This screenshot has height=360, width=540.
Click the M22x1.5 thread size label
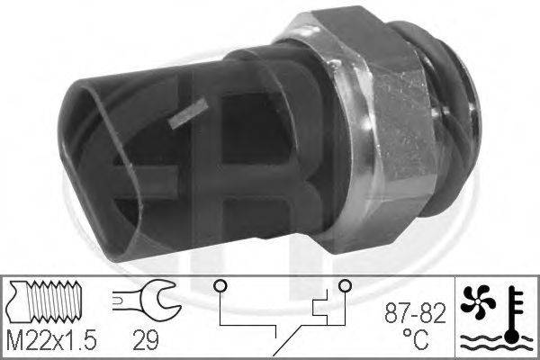[x=51, y=339]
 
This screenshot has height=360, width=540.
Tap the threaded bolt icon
[x=45, y=301]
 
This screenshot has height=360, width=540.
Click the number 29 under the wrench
[x=146, y=339]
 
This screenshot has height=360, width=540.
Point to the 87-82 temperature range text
[x=415, y=313]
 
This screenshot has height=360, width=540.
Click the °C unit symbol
[x=416, y=338]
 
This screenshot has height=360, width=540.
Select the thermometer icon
[x=513, y=315]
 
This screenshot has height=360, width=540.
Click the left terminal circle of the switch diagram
[x=220, y=285]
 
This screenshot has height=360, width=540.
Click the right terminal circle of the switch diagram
[x=345, y=285]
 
